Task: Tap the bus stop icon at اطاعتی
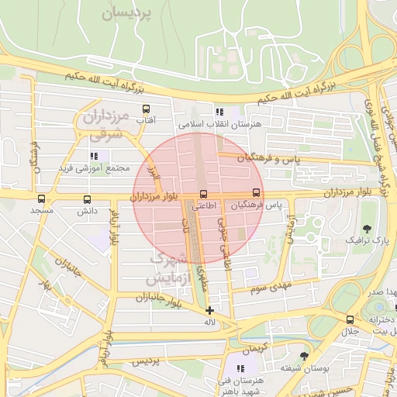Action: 204,194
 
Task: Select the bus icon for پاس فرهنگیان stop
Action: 256,193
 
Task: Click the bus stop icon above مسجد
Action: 40,198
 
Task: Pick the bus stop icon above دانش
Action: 87,198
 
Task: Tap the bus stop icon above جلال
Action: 350,319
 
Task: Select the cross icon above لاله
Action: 209,310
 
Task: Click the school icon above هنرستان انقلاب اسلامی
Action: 220,112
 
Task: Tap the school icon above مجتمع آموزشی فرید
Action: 94,156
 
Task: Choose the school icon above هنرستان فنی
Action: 240,368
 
